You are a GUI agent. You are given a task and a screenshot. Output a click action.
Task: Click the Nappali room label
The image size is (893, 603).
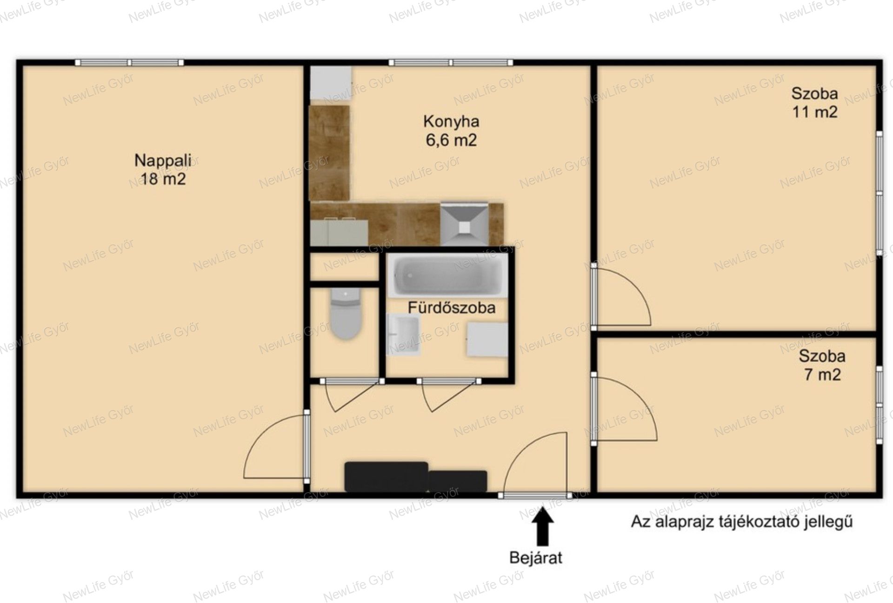[163, 161]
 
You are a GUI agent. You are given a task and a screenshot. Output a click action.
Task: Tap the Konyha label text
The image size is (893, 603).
[451, 121]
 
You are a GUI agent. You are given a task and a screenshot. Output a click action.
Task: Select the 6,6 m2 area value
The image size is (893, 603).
[451, 140]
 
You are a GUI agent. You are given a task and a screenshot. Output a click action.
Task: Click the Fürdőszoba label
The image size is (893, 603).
[452, 308]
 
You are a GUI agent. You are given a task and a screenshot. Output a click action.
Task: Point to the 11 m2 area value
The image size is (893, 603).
[815, 112]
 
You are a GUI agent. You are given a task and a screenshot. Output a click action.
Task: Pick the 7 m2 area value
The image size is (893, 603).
[823, 375]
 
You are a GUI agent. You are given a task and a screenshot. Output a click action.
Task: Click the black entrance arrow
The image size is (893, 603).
[542, 526]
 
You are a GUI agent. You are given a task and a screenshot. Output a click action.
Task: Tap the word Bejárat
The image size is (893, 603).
[536, 557]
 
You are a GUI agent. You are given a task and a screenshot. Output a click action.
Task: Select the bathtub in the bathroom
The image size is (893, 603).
[448, 275]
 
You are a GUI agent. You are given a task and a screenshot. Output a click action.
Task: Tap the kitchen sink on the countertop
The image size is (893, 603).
[339, 232]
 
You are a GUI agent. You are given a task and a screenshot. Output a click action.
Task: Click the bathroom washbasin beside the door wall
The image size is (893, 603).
[403, 335]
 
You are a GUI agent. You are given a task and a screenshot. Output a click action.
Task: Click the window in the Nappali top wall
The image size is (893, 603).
[129, 62]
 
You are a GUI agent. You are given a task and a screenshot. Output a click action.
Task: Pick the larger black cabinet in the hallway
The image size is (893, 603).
[386, 476]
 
